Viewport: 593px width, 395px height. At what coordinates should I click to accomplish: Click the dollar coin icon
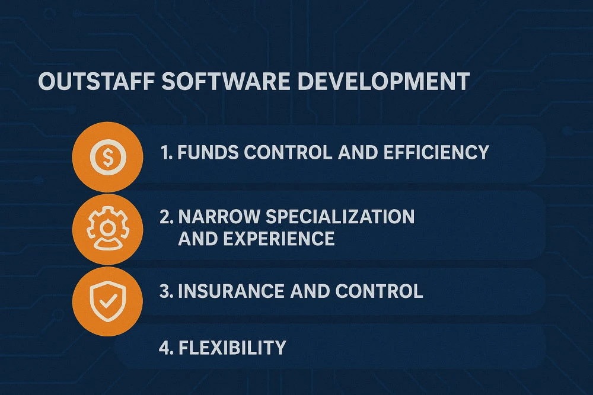tap(107, 156)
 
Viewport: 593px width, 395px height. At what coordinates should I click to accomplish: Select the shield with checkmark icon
tap(107, 300)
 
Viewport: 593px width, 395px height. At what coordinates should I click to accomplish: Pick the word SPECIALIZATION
tap(340, 217)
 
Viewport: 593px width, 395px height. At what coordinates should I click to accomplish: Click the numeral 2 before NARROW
tap(165, 217)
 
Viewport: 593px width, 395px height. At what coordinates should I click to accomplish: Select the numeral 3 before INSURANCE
tap(165, 291)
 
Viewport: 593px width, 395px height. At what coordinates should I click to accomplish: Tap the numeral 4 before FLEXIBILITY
tap(165, 346)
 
